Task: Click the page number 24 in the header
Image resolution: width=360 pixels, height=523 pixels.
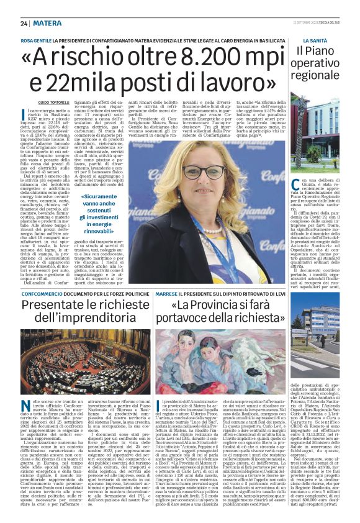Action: [24, 24]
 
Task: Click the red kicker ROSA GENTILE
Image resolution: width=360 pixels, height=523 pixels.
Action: [37, 40]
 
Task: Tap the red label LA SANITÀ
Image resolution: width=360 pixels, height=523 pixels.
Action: [308, 40]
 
